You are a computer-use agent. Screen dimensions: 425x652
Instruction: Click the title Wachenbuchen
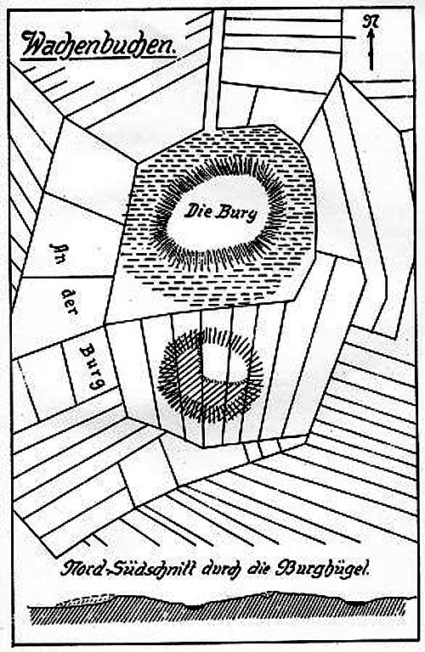pos(99,46)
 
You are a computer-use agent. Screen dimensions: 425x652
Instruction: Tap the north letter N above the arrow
pos(371,21)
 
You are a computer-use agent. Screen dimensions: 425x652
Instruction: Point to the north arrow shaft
pos(371,50)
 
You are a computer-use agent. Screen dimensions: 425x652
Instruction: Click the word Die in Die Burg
pos(199,211)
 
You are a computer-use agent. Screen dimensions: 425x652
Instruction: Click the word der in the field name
pos(70,301)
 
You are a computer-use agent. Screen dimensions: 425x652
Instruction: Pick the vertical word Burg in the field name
pos(93,367)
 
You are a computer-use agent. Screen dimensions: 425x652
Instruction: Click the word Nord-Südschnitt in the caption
pos(127,568)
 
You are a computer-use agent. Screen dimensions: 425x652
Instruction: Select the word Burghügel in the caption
pos(322,569)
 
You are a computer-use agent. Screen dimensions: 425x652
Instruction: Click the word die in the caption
pos(259,569)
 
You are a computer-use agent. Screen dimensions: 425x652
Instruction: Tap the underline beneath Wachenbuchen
pos(99,63)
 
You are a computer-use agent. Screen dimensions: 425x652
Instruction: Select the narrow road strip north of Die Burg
pos(212,69)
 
